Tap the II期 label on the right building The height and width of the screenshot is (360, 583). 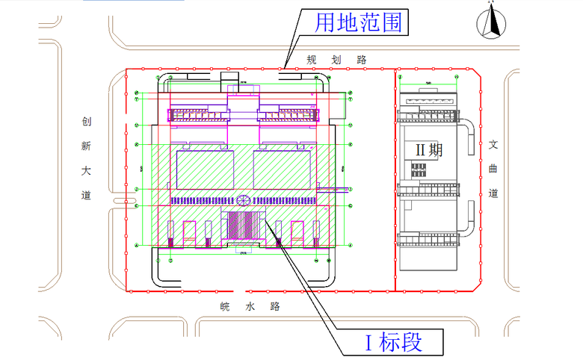429,149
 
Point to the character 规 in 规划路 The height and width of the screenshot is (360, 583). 312,59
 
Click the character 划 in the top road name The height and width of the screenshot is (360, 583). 337,59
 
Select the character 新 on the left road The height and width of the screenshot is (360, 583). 87,147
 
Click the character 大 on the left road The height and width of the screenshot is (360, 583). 87,171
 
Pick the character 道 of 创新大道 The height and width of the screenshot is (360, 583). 87,196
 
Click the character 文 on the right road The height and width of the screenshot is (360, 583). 493,145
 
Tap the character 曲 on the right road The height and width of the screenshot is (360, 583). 493,169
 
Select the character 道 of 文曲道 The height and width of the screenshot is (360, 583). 493,193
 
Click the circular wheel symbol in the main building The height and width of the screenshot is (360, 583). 243,201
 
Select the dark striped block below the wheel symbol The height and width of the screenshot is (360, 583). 245,226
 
